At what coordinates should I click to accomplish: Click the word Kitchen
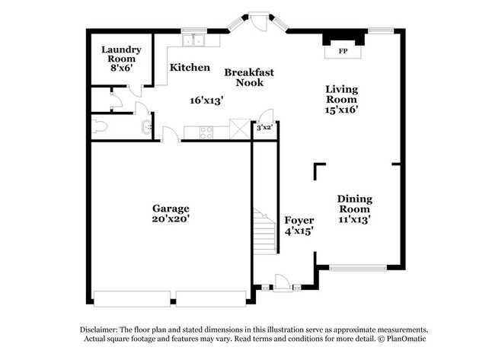pyautogui.click(x=190, y=68)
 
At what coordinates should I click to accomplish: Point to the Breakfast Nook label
pyautogui.click(x=248, y=77)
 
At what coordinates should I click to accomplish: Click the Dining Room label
pyautogui.click(x=354, y=204)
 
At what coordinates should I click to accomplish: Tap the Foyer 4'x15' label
pyautogui.click(x=299, y=225)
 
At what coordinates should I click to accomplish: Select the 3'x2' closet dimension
pyautogui.click(x=263, y=128)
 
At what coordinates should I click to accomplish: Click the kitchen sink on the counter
pyautogui.click(x=191, y=42)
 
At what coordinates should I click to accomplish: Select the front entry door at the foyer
pyautogui.click(x=282, y=284)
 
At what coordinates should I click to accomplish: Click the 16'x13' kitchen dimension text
pyautogui.click(x=206, y=100)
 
